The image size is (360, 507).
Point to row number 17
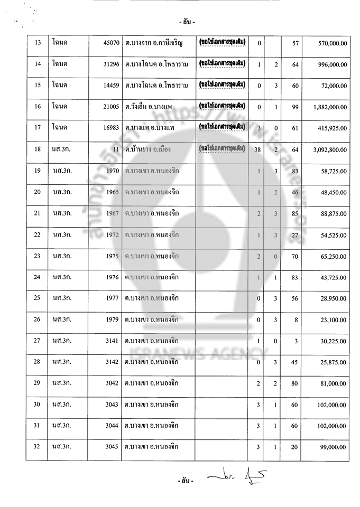(37, 128)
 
